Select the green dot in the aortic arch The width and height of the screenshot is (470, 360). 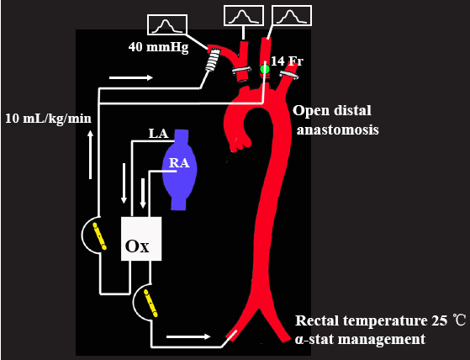click(x=266, y=68)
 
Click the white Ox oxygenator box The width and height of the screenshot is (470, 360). click(x=140, y=239)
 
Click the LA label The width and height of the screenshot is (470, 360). click(x=157, y=133)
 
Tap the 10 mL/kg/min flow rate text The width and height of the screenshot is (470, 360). click(x=49, y=117)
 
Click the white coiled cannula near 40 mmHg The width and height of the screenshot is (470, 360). click(x=213, y=60)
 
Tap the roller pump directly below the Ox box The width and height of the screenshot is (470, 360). click(x=146, y=301)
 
